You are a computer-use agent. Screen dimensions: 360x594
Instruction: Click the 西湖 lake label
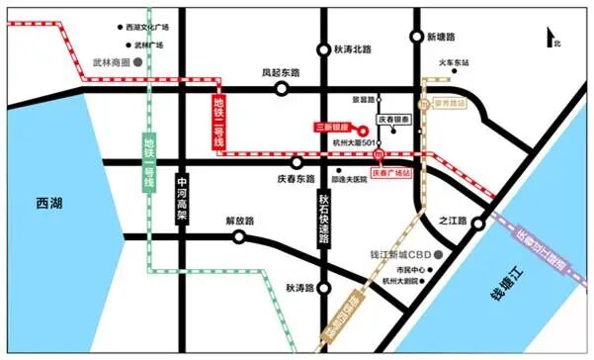(48, 203)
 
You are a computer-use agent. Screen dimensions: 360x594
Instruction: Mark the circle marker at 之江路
(478, 224)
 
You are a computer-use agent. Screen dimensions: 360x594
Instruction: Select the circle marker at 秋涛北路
(323, 50)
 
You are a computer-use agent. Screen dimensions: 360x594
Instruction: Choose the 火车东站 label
(465, 62)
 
